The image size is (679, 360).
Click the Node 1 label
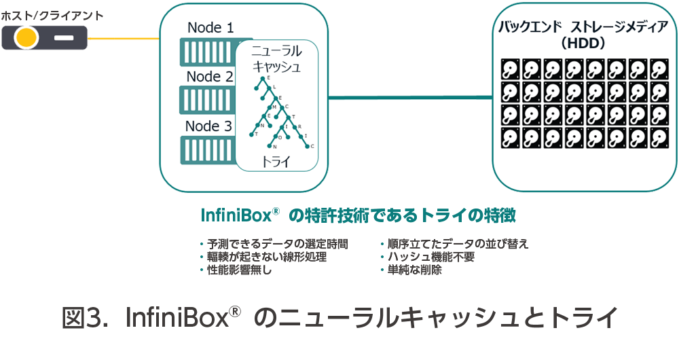tap(210, 28)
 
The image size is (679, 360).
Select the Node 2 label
tap(210, 77)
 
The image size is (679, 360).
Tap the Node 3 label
tap(210, 126)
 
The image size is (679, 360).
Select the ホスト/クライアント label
tap(51, 15)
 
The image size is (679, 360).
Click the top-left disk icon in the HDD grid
tap(511, 69)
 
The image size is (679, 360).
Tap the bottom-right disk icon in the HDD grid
tap(659, 138)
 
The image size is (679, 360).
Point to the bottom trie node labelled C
tap(312, 145)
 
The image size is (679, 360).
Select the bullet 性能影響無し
tap(238, 270)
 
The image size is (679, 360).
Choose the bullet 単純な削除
tap(414, 270)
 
